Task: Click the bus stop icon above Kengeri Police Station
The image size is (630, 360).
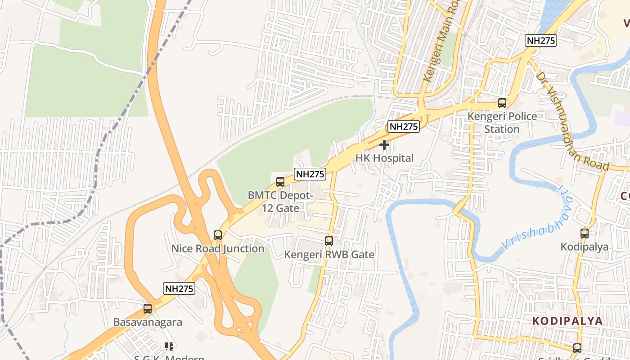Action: click(x=502, y=103)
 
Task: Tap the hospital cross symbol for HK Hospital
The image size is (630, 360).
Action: click(x=384, y=145)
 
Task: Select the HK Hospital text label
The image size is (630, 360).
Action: click(x=384, y=158)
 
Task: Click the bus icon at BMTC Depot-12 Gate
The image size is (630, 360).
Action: click(x=280, y=182)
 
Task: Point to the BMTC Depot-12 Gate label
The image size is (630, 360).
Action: click(x=280, y=202)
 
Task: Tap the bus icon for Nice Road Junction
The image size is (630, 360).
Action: click(x=218, y=235)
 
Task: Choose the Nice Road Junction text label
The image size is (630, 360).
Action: click(x=218, y=249)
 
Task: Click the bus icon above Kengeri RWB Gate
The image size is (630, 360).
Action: click(x=329, y=241)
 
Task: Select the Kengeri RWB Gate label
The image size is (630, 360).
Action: click(x=329, y=255)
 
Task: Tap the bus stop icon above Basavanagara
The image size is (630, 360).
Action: click(x=147, y=309)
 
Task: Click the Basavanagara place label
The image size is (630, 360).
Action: click(x=148, y=323)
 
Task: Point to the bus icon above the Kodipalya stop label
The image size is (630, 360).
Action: click(x=584, y=233)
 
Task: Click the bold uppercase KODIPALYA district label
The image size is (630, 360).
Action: click(x=567, y=321)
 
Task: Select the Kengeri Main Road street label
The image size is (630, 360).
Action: click(x=441, y=43)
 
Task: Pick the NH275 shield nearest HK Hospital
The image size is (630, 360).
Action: click(x=404, y=126)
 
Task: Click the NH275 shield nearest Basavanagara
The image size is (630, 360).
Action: click(x=179, y=288)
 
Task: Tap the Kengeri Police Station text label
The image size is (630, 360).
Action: click(x=502, y=123)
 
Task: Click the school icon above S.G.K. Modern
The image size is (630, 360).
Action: click(x=169, y=346)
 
